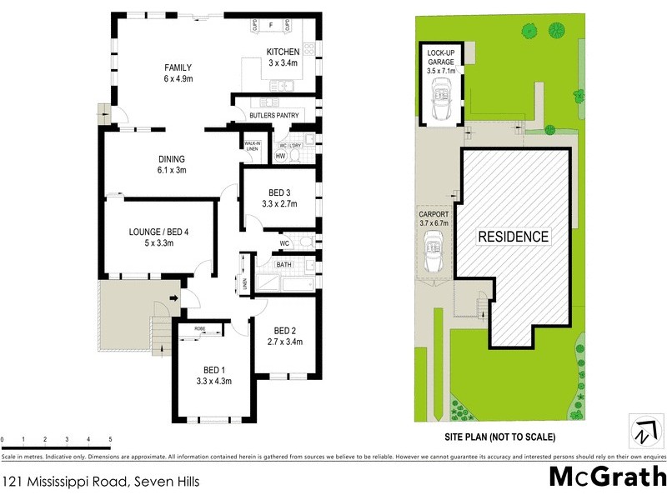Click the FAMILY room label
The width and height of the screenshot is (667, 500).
pyautogui.click(x=178, y=73)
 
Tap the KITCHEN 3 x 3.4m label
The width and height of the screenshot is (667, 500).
pyautogui.click(x=283, y=57)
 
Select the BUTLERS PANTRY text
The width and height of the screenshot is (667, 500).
pyautogui.click(x=274, y=116)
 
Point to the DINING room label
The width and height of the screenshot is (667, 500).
pyautogui.click(x=172, y=164)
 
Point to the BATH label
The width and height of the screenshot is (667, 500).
pyautogui.click(x=284, y=265)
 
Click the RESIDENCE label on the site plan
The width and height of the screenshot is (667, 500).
pyautogui.click(x=513, y=237)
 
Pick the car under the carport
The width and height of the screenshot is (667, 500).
pyautogui.click(x=434, y=252)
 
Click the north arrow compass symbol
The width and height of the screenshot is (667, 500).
pyautogui.click(x=643, y=432)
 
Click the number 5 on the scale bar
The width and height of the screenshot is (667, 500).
pyautogui.click(x=110, y=439)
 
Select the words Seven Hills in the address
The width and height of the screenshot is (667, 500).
pyautogui.click(x=163, y=481)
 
